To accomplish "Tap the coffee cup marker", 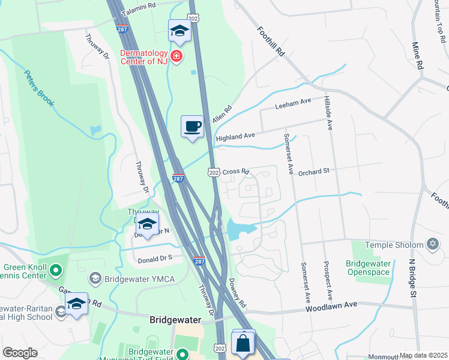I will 192,127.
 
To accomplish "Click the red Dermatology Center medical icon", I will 176,56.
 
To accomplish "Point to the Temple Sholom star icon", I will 432,244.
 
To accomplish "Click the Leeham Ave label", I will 293,103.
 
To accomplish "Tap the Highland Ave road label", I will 236,137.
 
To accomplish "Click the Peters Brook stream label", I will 40,88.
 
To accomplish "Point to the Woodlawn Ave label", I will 331,305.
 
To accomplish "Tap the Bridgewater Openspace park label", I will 369,268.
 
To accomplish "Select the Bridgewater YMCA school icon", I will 95,278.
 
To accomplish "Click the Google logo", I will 20,353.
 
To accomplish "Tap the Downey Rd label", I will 237,293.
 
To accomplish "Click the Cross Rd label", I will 235,172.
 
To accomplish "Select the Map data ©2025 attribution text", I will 423,355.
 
